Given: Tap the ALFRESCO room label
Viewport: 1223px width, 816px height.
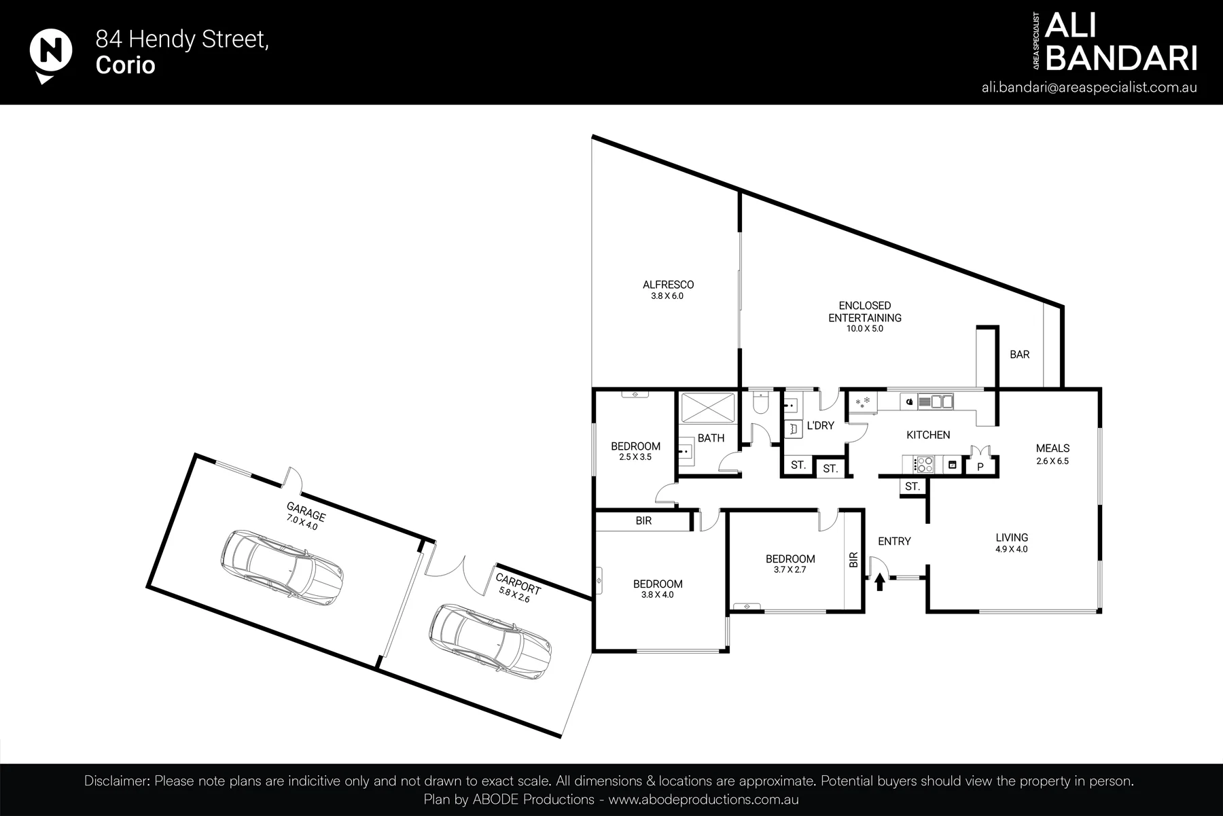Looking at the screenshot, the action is point(669,285).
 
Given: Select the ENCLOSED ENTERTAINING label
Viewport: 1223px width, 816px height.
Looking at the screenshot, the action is point(865,312).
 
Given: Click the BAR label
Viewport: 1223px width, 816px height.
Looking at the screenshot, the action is point(1019,355).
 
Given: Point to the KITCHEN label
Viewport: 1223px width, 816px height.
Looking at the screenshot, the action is point(928,435).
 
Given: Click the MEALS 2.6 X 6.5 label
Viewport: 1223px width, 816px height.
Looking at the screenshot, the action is point(1052,454).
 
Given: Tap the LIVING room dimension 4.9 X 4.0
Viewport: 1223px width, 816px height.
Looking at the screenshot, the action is point(1012,549).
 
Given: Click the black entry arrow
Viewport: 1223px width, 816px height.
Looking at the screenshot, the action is point(880,582).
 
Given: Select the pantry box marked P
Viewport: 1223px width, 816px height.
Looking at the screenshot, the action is point(980,466).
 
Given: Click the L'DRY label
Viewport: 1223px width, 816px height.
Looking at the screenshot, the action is point(820,426).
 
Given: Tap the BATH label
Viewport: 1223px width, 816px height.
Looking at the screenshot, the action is point(711,438).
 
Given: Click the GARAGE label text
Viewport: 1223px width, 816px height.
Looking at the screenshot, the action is point(306,512).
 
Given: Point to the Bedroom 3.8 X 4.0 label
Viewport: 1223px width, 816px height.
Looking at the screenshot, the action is point(658,589).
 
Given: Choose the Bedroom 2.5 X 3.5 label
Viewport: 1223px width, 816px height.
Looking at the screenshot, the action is point(635,451).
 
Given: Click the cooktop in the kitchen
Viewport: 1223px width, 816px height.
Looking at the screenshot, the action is point(925,465).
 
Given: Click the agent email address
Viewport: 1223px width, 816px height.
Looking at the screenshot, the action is point(1089,88).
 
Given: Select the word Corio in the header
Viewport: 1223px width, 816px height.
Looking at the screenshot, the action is point(126,65).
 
